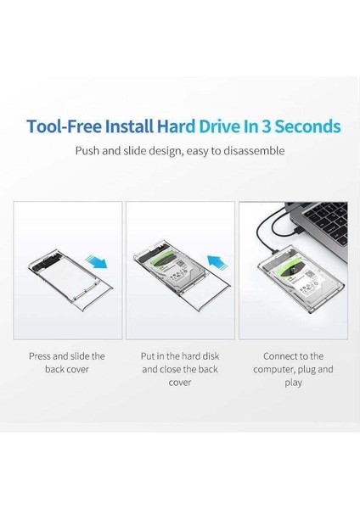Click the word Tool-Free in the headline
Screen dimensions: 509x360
65,127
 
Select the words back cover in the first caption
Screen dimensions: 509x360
69,369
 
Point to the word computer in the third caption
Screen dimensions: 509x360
270,369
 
